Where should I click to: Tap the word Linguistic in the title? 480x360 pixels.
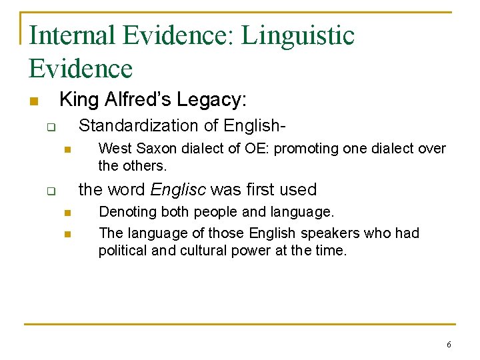(298, 35)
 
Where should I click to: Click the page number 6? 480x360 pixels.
(449, 345)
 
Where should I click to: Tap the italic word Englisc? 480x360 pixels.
(178, 189)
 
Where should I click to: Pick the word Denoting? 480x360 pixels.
(127, 212)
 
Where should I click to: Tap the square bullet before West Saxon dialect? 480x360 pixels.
(67, 149)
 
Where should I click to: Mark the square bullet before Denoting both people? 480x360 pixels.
(67, 213)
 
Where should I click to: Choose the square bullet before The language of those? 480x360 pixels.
(67, 234)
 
